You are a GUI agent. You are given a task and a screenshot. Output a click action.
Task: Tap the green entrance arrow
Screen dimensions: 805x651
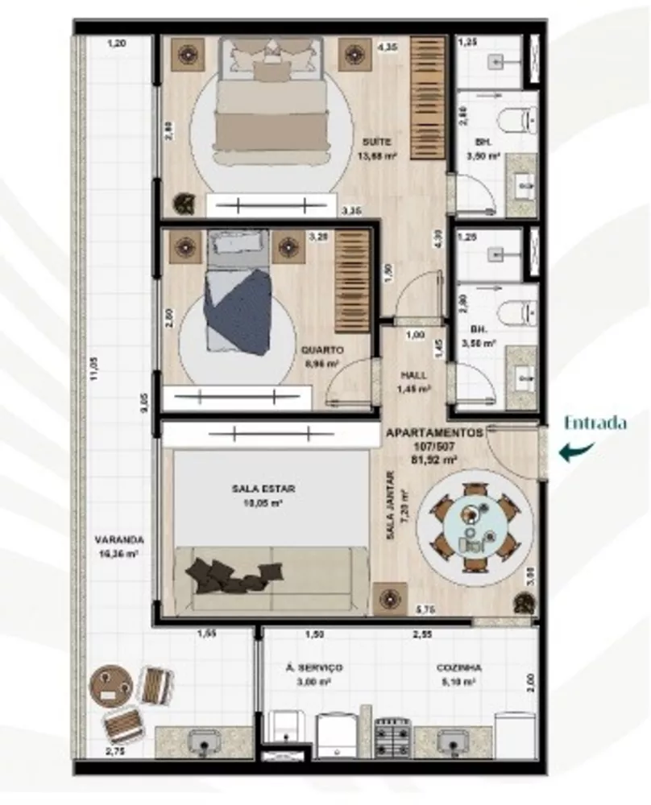coord(579,452)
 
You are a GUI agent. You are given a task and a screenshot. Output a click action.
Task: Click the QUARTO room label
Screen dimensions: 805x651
coord(321,350)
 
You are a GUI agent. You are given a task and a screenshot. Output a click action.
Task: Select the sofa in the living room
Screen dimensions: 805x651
coord(270,576)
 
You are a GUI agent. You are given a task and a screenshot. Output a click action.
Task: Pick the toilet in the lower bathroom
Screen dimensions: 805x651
coord(516,311)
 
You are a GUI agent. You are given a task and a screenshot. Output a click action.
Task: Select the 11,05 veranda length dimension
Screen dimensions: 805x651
coord(93,368)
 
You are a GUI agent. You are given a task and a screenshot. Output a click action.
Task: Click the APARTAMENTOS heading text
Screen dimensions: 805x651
coord(434,432)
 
